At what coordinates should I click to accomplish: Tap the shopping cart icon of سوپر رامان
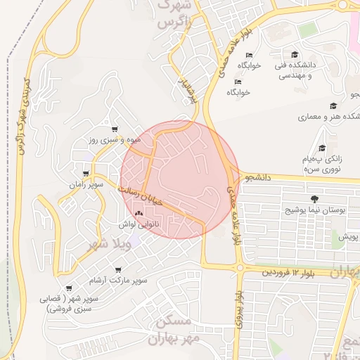[86, 174]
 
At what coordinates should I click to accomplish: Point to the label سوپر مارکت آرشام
[117, 280]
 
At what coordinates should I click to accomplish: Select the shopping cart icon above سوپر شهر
[69, 288]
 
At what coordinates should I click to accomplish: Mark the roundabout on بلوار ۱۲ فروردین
[240, 268]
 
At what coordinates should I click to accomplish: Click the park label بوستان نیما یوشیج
[313, 210]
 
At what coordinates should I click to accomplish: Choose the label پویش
[349, 237]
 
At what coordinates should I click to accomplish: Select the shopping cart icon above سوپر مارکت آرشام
[117, 269]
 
